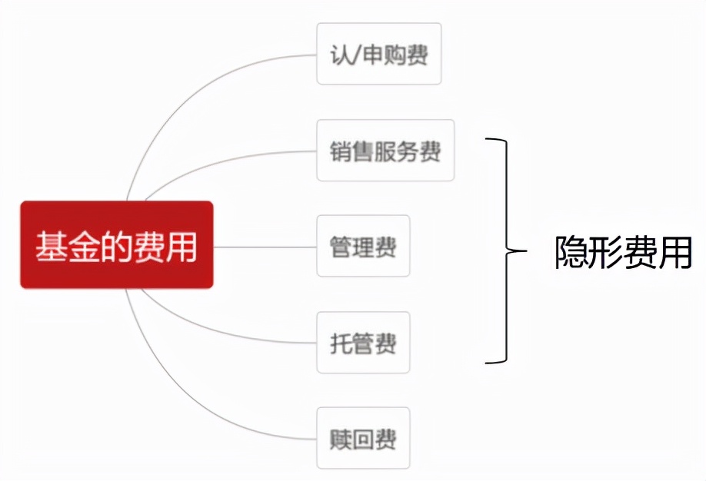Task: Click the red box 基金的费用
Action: pos(116,245)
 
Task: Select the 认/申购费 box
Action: pos(378,54)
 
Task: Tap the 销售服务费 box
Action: pos(385,151)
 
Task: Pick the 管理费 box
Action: pos(363,246)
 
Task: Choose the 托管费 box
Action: pos(363,343)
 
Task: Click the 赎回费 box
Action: pos(363,438)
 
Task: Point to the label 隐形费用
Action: pos(623,251)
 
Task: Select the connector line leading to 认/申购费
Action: pos(192,92)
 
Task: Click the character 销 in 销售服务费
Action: pos(342,151)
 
